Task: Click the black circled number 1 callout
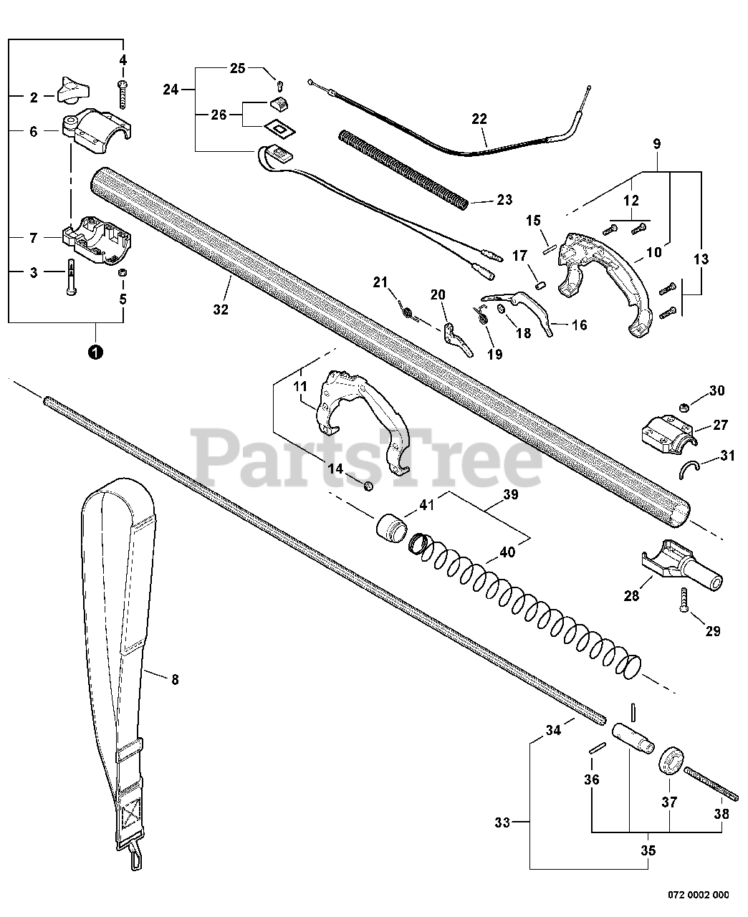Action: click(x=95, y=352)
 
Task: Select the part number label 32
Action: click(x=221, y=309)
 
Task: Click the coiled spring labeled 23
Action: click(x=406, y=169)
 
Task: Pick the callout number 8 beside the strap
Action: click(x=175, y=679)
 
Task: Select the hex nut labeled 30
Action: click(x=684, y=408)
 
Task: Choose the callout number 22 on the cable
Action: click(x=479, y=120)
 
